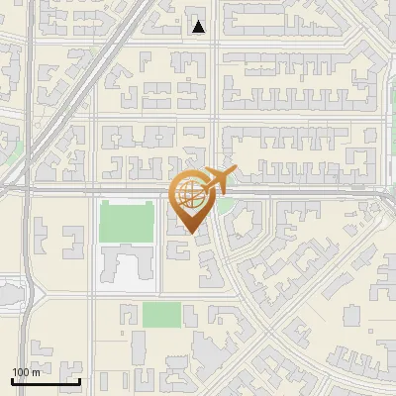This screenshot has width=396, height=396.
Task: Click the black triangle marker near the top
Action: [x=199, y=27]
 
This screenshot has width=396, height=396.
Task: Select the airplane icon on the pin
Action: [x=219, y=180]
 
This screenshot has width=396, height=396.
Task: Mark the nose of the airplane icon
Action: [x=235, y=170]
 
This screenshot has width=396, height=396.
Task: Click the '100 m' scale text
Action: [x=27, y=371]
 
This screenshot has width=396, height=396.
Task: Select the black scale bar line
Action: [x=46, y=381]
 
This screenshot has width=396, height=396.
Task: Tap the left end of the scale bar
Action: [x=12, y=381]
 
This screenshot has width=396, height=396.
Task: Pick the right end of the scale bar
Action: [x=79, y=381]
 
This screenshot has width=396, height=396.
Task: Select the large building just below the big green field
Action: [x=126, y=268]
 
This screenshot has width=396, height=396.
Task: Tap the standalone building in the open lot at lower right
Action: [x=351, y=315]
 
